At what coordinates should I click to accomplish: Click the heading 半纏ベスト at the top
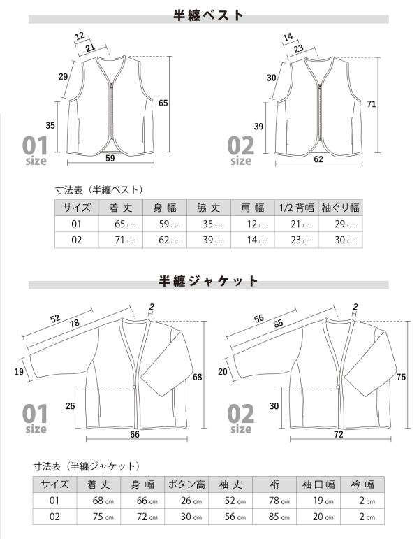point(209,15)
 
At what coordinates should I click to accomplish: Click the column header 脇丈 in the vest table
point(209,208)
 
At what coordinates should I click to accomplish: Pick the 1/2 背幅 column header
point(296,208)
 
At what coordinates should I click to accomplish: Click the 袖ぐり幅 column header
point(340,208)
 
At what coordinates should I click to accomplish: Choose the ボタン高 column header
point(186,484)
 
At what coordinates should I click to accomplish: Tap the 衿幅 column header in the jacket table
point(361,484)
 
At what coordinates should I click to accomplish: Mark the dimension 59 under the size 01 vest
point(110,158)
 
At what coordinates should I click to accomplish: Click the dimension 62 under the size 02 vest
point(318,159)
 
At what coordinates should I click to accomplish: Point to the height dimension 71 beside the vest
point(372,104)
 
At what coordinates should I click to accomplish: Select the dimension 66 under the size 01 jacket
point(135,434)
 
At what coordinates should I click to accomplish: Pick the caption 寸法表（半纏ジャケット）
point(87,466)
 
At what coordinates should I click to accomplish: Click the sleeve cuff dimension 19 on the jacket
point(20,371)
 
